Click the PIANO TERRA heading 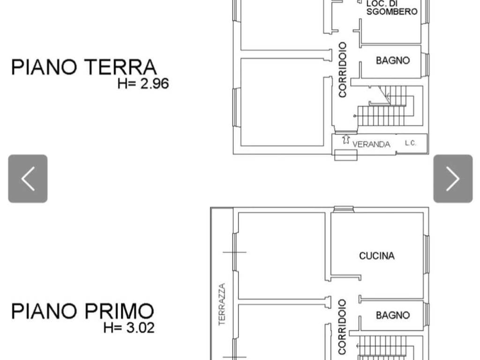(84, 67)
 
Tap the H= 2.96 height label (143, 84)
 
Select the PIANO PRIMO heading (82, 311)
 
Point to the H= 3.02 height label (129, 328)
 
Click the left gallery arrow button (28, 179)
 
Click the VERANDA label (371, 144)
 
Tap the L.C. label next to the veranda (411, 143)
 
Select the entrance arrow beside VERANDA (346, 139)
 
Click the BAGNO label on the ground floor (393, 60)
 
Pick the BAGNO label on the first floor (393, 315)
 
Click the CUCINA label (377, 256)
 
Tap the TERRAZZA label (222, 304)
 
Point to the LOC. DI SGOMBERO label (392, 8)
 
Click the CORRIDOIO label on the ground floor (343, 70)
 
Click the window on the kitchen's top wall (344, 209)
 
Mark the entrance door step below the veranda (345, 155)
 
